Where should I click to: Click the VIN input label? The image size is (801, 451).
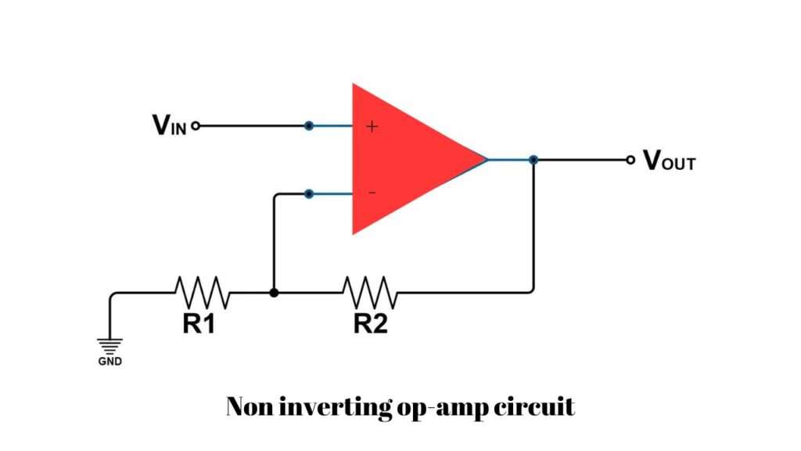(x=169, y=125)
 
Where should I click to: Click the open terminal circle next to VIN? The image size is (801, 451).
(x=196, y=125)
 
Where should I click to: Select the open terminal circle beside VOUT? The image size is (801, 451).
(x=630, y=160)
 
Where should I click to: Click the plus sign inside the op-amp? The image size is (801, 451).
(x=372, y=126)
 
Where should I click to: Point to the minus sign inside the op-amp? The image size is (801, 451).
(x=372, y=193)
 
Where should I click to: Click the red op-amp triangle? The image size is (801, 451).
(x=407, y=161)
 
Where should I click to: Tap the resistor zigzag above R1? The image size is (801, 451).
(x=202, y=293)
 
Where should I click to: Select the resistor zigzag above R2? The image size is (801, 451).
(x=370, y=293)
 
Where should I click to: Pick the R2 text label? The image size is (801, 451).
(x=370, y=324)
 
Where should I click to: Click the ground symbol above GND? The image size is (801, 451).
(x=110, y=345)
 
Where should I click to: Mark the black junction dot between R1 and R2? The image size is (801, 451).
(x=273, y=293)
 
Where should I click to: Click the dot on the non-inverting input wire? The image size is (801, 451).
(x=309, y=125)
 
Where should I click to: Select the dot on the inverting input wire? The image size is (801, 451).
(x=309, y=193)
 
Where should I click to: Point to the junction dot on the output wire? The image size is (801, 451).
(x=533, y=160)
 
